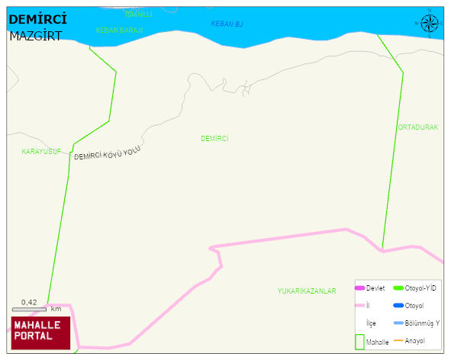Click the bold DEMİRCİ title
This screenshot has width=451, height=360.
point(36,20)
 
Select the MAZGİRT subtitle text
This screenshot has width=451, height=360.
point(35,36)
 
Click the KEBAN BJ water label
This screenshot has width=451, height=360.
point(227,24)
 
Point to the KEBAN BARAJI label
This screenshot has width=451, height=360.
point(119,30)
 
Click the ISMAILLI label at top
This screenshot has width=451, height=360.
point(139,14)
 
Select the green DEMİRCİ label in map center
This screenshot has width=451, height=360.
point(214,138)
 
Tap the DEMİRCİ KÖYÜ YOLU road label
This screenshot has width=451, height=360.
point(108,154)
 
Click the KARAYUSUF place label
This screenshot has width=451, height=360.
point(41,152)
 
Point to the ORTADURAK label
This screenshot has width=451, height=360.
point(417,127)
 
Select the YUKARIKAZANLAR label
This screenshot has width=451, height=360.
point(307,291)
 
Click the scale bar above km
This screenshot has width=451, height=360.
point(29,309)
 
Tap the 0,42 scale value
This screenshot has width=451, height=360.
point(29,302)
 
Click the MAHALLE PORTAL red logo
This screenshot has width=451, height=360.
point(40,331)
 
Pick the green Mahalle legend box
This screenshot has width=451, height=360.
point(359,342)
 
